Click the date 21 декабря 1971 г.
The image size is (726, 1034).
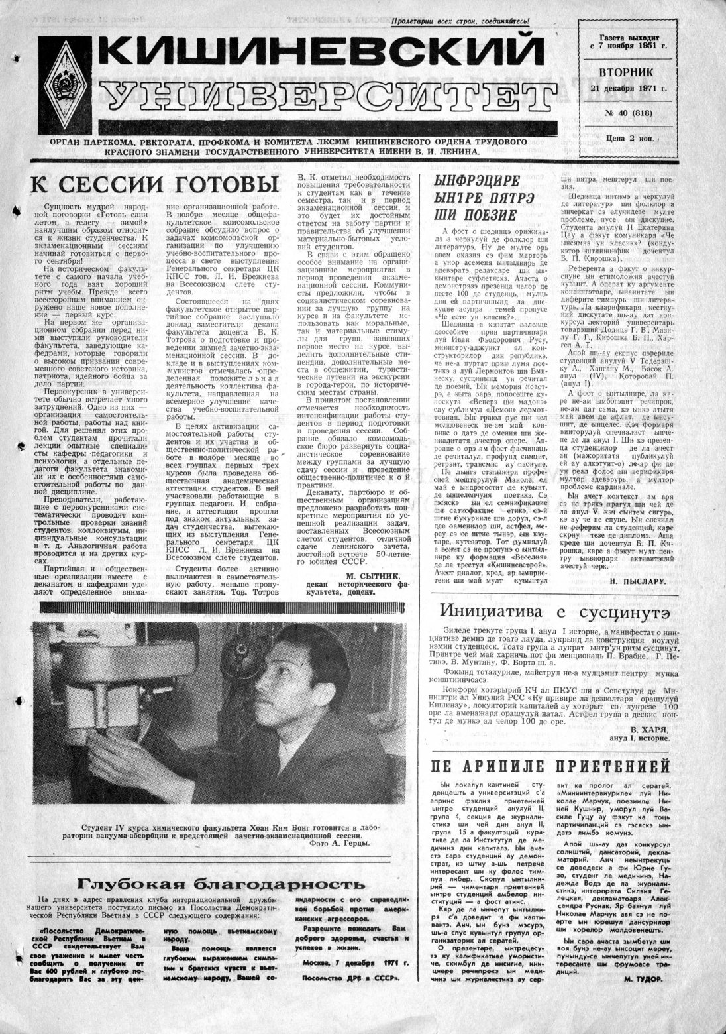pos(627,88)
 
